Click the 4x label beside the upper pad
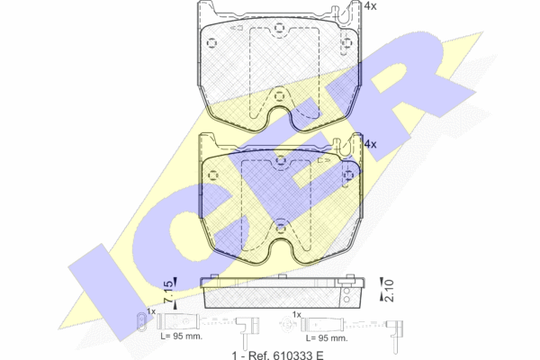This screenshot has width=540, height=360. (370, 6)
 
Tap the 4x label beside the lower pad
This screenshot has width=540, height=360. (370, 144)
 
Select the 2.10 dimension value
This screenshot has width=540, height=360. (389, 291)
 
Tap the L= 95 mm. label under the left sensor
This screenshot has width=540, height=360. (182, 337)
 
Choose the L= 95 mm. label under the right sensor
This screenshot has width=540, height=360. (327, 338)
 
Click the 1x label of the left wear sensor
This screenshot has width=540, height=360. (151, 311)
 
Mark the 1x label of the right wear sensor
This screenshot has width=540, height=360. (296, 314)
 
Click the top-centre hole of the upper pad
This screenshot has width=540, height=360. (279, 28)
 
